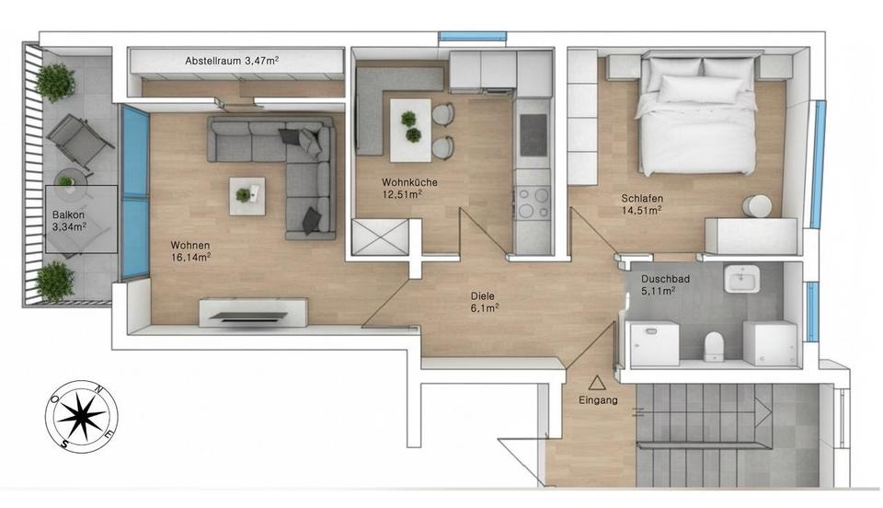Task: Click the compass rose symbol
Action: (x=82, y=417)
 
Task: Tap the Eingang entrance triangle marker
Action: (x=598, y=381)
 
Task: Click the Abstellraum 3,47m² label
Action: (x=232, y=61)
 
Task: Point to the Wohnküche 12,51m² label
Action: (x=409, y=188)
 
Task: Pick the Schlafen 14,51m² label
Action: (x=642, y=203)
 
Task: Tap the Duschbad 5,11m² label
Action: (x=661, y=284)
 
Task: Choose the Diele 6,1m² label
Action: (x=483, y=302)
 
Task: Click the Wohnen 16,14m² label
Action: (x=190, y=251)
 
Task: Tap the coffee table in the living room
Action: (x=247, y=195)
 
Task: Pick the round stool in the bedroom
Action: (x=760, y=205)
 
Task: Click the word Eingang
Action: (x=598, y=401)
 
